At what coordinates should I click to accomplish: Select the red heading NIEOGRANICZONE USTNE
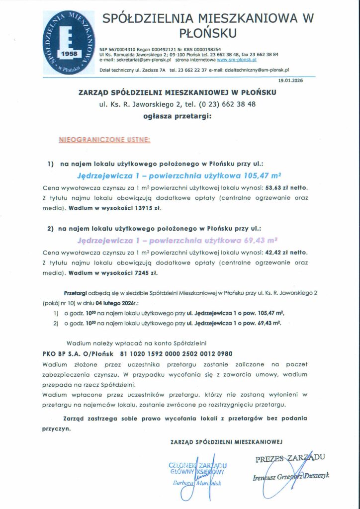point(104,141)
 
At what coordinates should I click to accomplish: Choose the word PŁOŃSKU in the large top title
point(208,33)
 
